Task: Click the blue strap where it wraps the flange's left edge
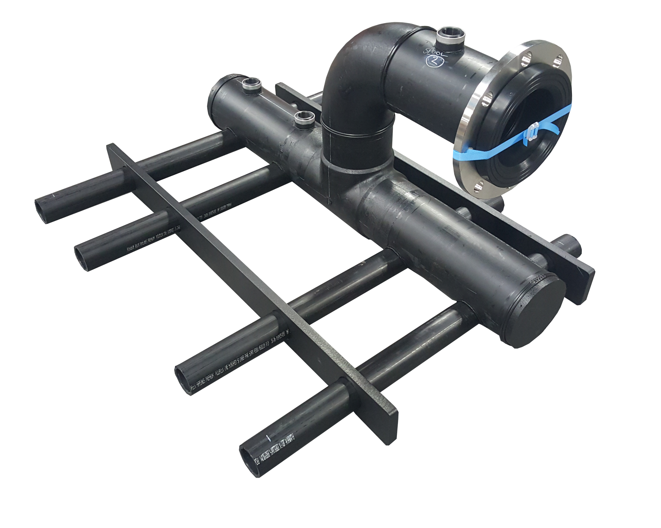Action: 459,152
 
